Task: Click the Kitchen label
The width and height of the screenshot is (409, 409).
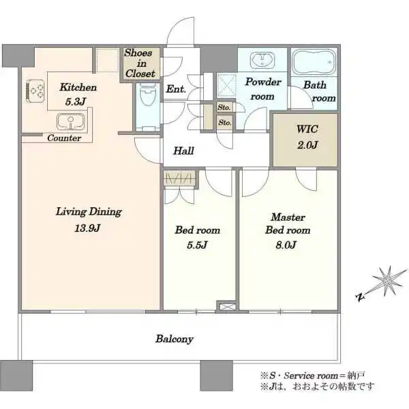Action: point(78,87)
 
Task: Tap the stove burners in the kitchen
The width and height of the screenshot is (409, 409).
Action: point(35,91)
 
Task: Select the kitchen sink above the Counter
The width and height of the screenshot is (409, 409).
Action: point(71,122)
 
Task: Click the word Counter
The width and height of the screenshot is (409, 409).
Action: point(64,138)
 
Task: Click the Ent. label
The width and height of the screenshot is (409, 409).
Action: point(176,89)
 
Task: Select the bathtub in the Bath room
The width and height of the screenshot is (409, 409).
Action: point(314,62)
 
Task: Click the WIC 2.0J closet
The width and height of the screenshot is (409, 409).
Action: point(305,140)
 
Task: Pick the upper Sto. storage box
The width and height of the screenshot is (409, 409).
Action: point(224,107)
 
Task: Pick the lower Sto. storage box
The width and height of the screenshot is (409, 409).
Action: point(224,122)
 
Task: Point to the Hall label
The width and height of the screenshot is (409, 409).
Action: point(183,151)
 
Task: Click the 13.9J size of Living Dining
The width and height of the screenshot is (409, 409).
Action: point(87,228)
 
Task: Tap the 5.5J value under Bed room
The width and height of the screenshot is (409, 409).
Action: point(197,245)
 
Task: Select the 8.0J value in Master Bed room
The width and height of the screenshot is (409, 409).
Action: point(286,245)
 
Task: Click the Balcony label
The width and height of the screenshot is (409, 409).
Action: point(175,339)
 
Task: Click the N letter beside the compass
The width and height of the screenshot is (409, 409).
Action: point(360,297)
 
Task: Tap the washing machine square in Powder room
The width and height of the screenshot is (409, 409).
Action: point(226,85)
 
